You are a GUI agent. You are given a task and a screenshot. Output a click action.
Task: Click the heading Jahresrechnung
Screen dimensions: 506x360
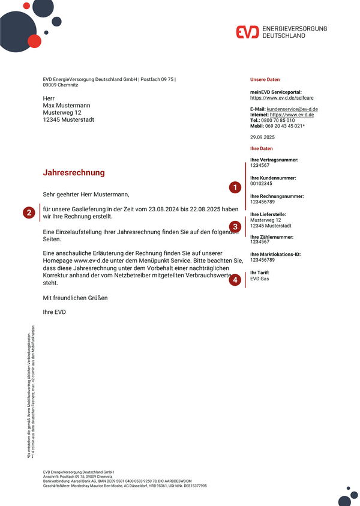pyautogui.click(x=74, y=173)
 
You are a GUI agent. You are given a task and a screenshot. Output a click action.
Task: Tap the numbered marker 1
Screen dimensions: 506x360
pyautogui.click(x=235, y=188)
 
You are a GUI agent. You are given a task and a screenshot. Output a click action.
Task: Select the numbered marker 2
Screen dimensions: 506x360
pyautogui.click(x=29, y=212)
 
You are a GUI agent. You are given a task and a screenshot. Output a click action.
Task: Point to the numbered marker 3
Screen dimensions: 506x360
pyautogui.click(x=236, y=227)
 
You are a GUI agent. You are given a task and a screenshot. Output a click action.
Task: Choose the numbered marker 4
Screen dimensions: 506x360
pyautogui.click(x=235, y=280)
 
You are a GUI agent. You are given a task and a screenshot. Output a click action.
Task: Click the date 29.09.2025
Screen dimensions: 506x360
pyautogui.click(x=262, y=138)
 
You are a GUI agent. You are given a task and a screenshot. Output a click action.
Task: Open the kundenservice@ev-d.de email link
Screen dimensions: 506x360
pyautogui.click(x=292, y=109)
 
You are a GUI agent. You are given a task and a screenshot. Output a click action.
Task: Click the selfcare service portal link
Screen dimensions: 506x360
pyautogui.click(x=282, y=97)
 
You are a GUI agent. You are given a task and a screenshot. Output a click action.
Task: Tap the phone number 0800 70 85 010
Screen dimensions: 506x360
pyautogui.click(x=278, y=120)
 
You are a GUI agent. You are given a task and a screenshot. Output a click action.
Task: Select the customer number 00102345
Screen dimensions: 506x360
pyautogui.click(x=261, y=183)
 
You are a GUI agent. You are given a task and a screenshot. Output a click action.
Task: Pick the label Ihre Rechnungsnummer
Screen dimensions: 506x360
pyautogui.click(x=277, y=196)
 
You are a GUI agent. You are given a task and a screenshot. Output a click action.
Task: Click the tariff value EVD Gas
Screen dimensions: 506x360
pyautogui.click(x=260, y=279)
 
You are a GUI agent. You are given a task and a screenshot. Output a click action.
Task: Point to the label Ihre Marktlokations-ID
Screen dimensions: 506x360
pyautogui.click(x=275, y=255)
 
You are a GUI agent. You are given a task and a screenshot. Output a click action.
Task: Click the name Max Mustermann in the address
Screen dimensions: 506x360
pyautogui.click(x=67, y=105)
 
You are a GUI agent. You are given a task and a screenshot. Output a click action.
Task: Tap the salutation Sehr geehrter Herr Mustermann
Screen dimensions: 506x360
pyautogui.click(x=86, y=194)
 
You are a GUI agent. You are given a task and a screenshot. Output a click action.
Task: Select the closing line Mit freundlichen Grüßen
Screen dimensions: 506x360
pyautogui.click(x=76, y=298)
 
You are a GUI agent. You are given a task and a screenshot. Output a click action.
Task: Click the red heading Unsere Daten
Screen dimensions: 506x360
pyautogui.click(x=265, y=80)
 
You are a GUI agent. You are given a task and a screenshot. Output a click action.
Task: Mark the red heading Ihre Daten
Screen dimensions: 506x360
pyautogui.click(x=261, y=148)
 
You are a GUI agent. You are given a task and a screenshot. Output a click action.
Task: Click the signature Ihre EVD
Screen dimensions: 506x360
pyautogui.click(x=54, y=312)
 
